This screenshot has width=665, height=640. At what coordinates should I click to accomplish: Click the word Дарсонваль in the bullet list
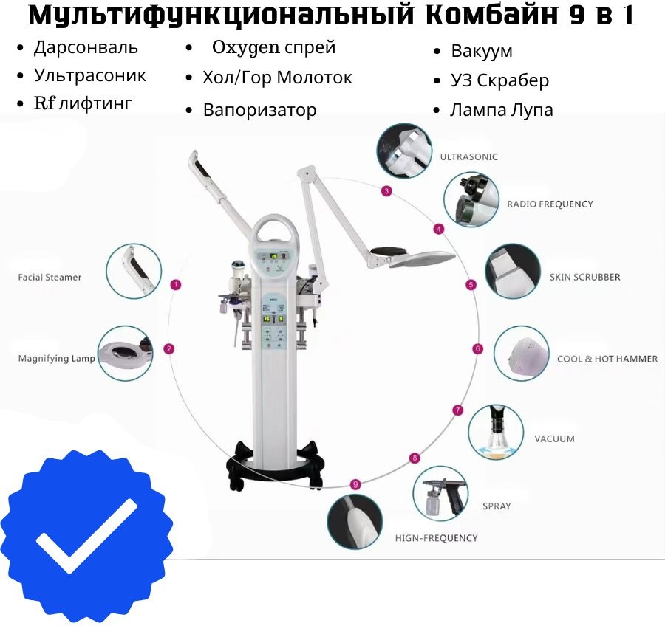86,47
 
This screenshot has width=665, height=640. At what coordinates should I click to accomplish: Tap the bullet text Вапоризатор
259,110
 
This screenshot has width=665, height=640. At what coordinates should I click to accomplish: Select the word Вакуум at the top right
482,51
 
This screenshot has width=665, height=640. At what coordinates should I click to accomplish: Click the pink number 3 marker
386,191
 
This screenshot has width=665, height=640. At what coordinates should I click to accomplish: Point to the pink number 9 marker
355,484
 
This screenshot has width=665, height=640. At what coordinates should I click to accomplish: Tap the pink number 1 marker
176,285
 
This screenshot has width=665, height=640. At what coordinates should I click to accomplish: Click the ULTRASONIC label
468,157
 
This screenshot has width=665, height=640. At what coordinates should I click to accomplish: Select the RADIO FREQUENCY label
550,204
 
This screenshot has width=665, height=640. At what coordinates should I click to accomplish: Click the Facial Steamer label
50,278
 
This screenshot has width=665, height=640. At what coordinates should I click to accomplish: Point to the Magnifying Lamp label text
56,359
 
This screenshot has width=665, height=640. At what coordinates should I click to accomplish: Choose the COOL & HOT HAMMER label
607,359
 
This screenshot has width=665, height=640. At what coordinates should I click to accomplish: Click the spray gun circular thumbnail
440,493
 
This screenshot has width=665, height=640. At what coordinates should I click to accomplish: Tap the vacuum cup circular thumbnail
496,433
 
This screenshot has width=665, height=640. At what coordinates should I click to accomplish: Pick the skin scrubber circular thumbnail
513,271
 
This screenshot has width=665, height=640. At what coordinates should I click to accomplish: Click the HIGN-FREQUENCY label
437,538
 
